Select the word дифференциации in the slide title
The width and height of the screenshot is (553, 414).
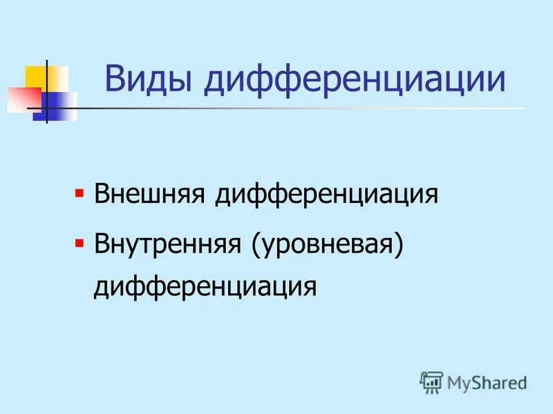pyautogui.click(x=355, y=80)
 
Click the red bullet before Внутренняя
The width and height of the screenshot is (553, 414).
pyautogui.click(x=79, y=242)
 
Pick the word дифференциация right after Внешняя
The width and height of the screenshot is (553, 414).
pyautogui.click(x=326, y=194)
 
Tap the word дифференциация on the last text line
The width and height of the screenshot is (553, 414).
pyautogui.click(x=205, y=285)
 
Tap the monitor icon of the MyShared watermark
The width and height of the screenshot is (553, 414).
pyautogui.click(x=431, y=380)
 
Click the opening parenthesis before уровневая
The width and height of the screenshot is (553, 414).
pyautogui.click(x=255, y=246)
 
